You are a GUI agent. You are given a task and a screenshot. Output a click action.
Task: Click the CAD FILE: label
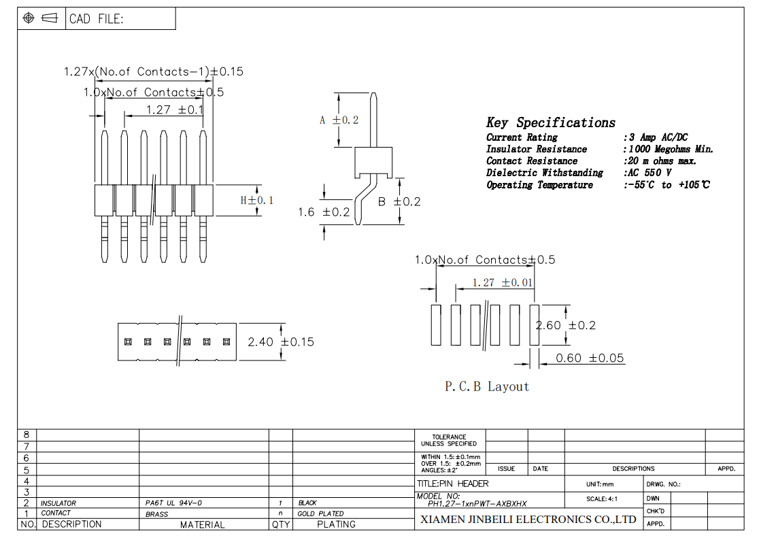(x=97, y=19)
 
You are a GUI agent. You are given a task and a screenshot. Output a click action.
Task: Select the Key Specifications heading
(x=551, y=122)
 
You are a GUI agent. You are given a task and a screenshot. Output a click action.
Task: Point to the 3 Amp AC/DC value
(x=658, y=137)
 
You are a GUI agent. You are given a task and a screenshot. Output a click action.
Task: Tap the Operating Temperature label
(x=540, y=185)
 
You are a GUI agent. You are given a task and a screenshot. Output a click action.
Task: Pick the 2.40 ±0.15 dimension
(x=281, y=342)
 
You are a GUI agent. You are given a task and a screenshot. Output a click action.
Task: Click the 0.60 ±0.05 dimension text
(x=590, y=358)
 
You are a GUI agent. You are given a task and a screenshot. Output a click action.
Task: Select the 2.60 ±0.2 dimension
(x=565, y=325)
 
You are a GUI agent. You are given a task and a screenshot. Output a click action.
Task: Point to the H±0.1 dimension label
(x=257, y=201)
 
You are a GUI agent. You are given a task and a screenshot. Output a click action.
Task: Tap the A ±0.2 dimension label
(x=339, y=120)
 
